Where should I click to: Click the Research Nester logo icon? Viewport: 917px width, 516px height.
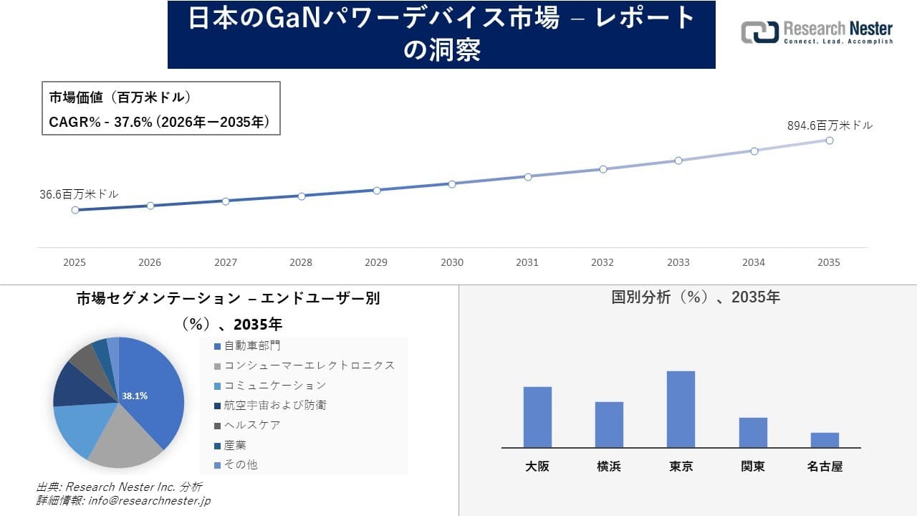click(759, 32)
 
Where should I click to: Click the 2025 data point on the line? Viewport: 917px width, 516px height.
click(75, 210)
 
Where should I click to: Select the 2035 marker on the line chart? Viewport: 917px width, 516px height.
click(830, 140)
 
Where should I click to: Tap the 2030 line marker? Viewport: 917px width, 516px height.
click(452, 184)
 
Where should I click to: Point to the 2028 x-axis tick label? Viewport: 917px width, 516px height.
click(301, 262)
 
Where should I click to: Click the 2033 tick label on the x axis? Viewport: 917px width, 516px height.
click(678, 262)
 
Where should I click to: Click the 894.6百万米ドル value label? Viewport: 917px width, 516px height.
click(830, 125)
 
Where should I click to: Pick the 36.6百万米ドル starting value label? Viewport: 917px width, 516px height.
click(79, 194)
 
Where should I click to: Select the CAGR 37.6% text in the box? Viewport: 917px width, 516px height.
click(159, 123)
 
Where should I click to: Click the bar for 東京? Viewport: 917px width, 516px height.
click(681, 409)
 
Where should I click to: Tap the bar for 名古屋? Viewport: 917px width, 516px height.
click(825, 440)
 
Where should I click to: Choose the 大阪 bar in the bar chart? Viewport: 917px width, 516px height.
click(537, 417)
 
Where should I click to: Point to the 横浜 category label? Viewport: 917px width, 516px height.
click(609, 467)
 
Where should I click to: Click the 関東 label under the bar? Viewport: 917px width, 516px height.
click(753, 467)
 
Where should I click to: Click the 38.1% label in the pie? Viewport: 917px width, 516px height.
click(135, 396)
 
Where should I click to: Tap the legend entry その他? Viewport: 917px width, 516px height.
click(240, 464)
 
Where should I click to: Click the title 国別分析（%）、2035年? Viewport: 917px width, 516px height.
click(695, 297)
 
